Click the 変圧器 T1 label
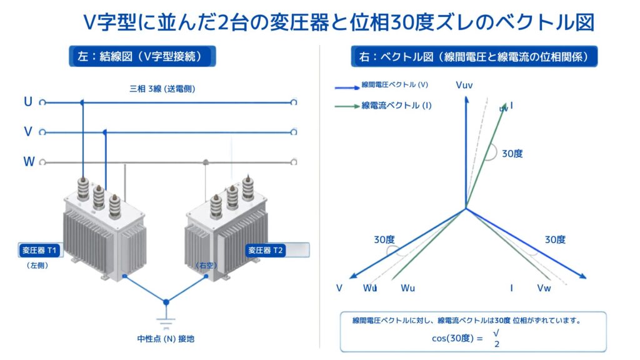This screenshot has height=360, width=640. point(39,250)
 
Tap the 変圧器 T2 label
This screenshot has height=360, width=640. point(265,250)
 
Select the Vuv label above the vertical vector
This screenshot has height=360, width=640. point(464,85)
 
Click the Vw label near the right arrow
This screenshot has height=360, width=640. point(544,288)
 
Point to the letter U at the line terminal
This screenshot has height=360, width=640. point(28,102)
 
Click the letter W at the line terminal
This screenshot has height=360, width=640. point(29,162)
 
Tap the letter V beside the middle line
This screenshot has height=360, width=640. point(28,131)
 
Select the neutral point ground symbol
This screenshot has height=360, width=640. point(166,322)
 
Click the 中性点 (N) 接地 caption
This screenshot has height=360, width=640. point(166,339)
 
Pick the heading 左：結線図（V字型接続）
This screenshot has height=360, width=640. point(142,56)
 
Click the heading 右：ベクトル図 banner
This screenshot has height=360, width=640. point(474,56)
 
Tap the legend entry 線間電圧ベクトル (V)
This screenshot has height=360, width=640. point(395,85)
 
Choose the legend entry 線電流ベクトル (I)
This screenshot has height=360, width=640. point(396,106)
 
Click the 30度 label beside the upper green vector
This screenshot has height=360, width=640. point(512,154)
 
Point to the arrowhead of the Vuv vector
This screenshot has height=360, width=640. point(466,99)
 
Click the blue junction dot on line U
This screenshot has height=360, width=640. point(82,102)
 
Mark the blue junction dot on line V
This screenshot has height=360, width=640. point(105,132)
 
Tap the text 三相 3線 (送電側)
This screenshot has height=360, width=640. point(162,89)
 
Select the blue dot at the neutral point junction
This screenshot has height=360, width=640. point(166,302)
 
